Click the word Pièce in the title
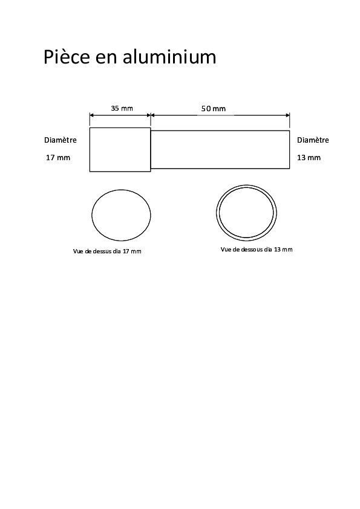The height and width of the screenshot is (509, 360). point(67,57)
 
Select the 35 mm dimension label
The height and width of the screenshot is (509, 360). point(122,108)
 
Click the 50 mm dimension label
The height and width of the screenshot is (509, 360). point(214,109)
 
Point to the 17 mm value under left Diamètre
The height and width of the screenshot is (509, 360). point(58,158)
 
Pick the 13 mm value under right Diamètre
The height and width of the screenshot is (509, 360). point(309,158)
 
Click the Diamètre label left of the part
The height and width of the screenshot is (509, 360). point(61,140)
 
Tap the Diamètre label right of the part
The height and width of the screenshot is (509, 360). point(313,140)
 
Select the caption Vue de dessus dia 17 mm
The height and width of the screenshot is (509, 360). point(107,251)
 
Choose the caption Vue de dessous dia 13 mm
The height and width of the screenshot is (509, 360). point(257,249)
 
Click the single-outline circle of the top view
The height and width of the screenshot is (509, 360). point(91,215)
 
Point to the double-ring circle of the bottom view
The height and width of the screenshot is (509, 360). point(217,213)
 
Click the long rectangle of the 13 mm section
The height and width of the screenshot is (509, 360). point(220,131)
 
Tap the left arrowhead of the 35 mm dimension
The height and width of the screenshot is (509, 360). point(91,115)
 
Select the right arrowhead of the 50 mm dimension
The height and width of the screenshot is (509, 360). point(287,115)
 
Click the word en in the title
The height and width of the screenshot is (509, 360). point(106,59)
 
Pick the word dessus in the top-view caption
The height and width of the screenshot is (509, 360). point(102,251)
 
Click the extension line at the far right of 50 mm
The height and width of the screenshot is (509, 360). point(289,120)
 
